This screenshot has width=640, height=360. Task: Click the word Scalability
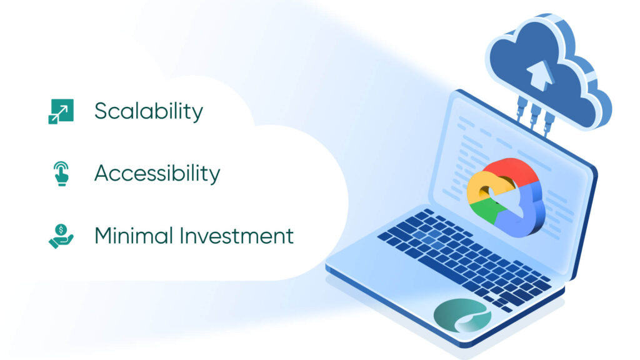(x=149, y=112)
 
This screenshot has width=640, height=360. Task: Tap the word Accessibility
(x=157, y=174)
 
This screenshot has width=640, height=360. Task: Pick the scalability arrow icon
(x=61, y=111)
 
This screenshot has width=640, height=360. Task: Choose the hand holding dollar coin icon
(x=61, y=237)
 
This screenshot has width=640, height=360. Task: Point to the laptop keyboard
(x=462, y=256)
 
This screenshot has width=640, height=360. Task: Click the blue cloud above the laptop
(x=550, y=69)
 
